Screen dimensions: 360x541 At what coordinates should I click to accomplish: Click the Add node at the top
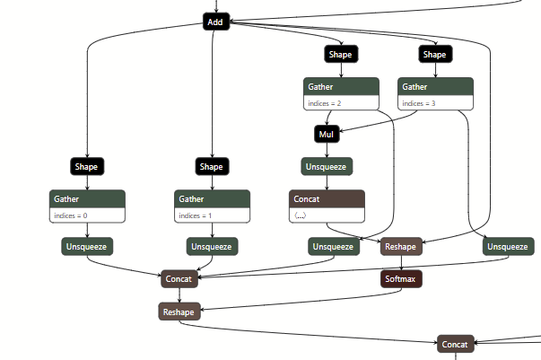[215, 22]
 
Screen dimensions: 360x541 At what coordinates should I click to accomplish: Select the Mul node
[327, 135]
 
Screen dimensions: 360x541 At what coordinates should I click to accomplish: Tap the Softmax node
[401, 279]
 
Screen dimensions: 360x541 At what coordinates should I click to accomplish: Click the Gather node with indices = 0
[87, 198]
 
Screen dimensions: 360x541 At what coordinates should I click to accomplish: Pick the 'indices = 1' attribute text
[196, 215]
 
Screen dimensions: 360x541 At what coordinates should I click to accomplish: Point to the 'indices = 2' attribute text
[326, 103]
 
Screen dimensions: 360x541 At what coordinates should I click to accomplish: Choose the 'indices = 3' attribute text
[419, 103]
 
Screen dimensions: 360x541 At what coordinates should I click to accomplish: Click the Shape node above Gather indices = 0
[87, 166]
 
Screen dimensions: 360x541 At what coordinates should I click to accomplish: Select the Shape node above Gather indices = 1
[211, 166]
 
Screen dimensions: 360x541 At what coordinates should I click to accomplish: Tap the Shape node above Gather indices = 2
[340, 55]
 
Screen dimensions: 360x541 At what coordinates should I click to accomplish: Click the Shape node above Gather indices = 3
[434, 55]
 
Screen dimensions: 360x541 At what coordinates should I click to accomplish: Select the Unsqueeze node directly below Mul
[327, 166]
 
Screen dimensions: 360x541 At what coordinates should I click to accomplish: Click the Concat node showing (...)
[327, 198]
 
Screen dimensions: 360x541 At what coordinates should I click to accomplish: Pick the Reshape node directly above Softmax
[401, 247]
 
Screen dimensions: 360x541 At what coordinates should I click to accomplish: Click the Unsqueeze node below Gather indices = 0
[87, 247]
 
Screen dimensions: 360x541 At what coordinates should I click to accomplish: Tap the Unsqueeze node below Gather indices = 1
[212, 247]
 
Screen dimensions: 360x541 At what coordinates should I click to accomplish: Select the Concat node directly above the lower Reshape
[179, 279]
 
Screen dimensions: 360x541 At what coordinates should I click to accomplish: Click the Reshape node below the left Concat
[179, 312]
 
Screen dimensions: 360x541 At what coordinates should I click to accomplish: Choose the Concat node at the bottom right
[456, 344]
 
